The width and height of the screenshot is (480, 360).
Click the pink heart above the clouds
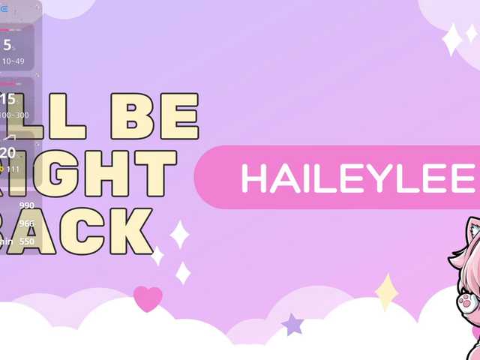148,298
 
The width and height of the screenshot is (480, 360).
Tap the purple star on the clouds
292,325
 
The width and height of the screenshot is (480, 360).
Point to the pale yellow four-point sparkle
386,292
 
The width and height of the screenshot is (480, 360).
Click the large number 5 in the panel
7,44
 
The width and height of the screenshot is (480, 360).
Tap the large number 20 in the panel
7,154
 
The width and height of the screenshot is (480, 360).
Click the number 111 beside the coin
13,169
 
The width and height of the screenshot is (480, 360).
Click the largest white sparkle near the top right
451,39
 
